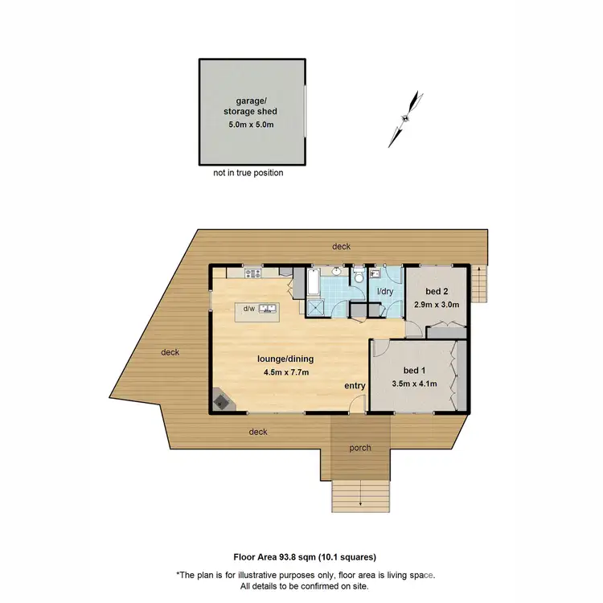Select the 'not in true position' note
pyautogui.click(x=248, y=172)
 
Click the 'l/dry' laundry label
pyautogui.click(x=384, y=293)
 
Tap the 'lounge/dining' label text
pyautogui.click(x=285, y=360)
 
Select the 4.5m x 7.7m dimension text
pyautogui.click(x=285, y=372)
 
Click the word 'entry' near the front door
pyautogui.click(x=355, y=386)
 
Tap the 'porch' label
pyautogui.click(x=359, y=448)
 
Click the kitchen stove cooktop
pyautogui.click(x=255, y=273)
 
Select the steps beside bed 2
pyautogui.click(x=480, y=283)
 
